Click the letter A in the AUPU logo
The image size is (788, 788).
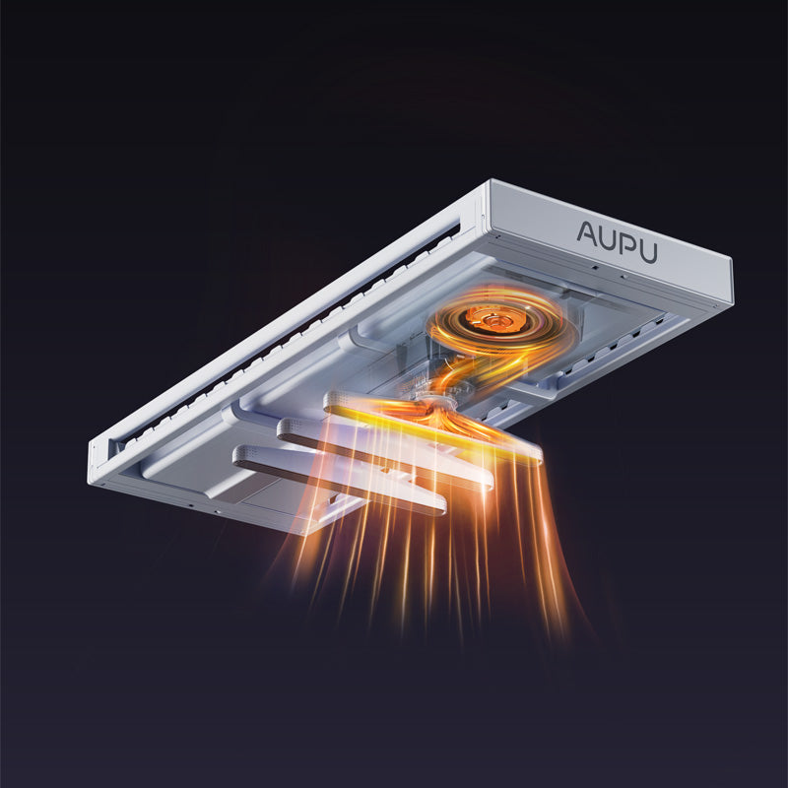pyautogui.click(x=586, y=233)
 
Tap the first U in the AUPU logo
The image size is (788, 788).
pyautogui.click(x=608, y=240)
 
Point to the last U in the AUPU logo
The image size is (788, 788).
pyautogui.click(x=648, y=251)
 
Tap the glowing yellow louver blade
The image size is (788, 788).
pyautogui.click(x=432, y=427)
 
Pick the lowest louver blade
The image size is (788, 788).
pyautogui.click(x=339, y=480)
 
